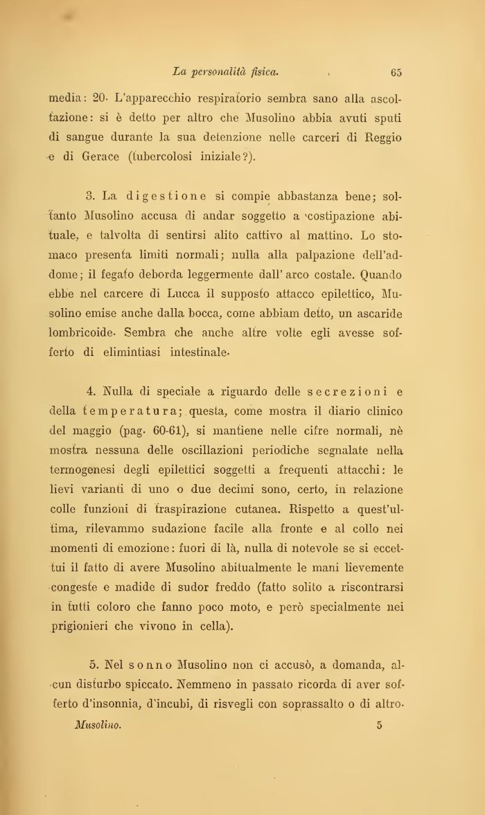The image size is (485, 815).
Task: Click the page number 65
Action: [x=397, y=71]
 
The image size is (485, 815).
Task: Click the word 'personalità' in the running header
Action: [x=222, y=71]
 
